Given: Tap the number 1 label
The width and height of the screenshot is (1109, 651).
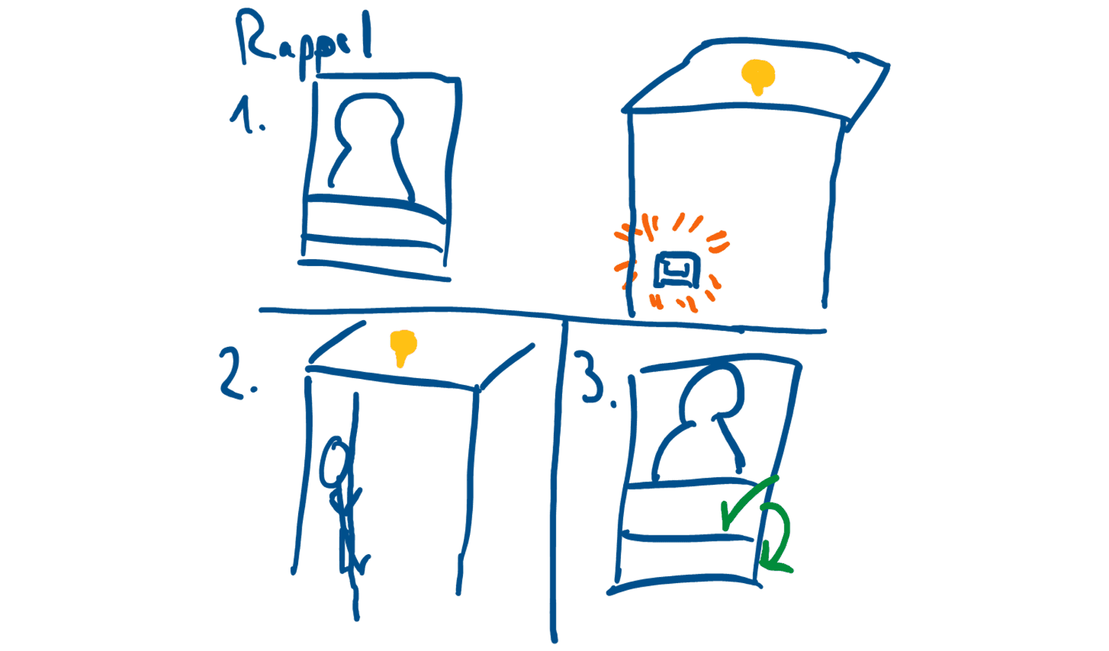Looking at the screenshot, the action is pos(243,115).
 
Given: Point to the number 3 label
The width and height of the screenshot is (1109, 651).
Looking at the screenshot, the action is pos(592,377).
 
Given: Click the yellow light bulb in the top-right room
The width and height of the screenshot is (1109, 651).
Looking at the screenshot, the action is pos(758,76).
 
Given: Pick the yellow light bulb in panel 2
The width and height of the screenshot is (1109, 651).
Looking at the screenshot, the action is pos(403,347).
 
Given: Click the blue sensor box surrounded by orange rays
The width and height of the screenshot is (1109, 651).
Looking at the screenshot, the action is pos(676,269).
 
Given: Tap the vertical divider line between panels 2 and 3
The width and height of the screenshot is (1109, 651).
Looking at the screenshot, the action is pos(558,481).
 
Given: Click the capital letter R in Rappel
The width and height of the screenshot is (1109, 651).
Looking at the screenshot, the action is pos(255,37).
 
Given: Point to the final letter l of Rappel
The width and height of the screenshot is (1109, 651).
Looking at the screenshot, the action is pos(367,35).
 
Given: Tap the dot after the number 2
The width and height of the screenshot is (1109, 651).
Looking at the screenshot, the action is pos(254,389).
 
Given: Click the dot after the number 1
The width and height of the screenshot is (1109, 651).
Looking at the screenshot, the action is pos(262,128).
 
